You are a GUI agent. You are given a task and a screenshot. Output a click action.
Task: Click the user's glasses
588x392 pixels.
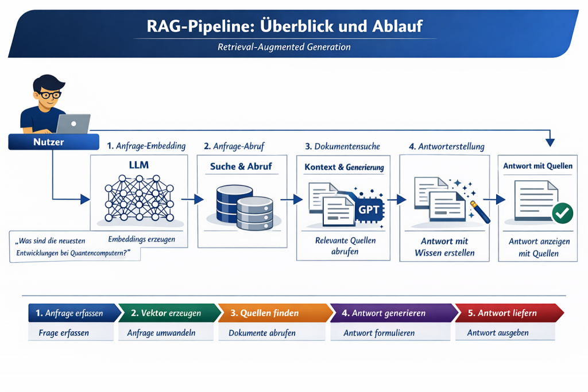[x=49, y=95]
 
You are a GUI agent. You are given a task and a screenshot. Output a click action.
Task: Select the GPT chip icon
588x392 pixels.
[x=367, y=209]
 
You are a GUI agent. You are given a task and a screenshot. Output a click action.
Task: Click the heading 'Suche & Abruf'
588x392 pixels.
[x=241, y=166]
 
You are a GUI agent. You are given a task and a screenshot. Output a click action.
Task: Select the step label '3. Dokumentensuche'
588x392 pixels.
[x=343, y=146]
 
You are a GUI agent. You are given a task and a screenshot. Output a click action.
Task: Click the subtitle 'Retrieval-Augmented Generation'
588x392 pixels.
[x=284, y=47]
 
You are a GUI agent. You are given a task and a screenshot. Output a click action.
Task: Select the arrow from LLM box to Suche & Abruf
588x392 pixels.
[x=196, y=199]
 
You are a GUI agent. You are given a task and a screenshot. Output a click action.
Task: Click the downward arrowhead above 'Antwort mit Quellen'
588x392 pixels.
[x=550, y=142]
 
